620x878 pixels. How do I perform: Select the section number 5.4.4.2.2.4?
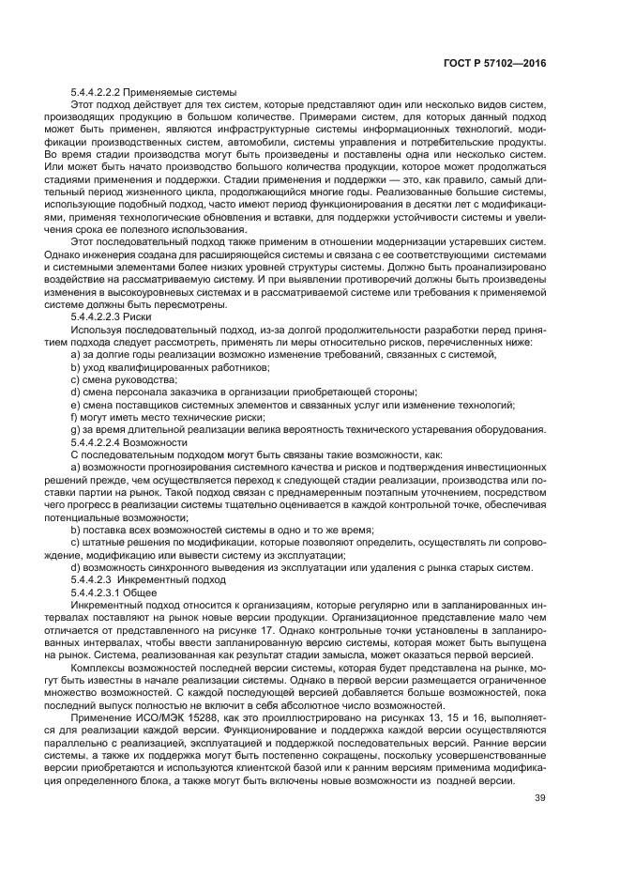point(100,441)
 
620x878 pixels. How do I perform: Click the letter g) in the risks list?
point(75,429)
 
